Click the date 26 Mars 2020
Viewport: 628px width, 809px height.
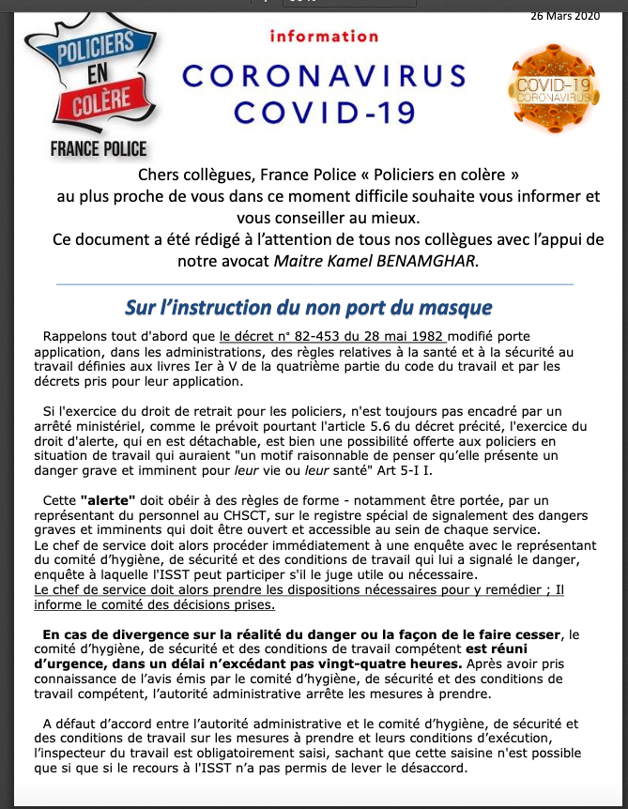(x=564, y=15)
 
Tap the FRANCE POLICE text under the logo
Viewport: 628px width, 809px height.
(x=100, y=147)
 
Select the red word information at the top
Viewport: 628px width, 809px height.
(x=323, y=37)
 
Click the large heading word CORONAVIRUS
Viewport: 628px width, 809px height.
(x=324, y=76)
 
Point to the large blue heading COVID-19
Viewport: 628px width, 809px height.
(x=324, y=113)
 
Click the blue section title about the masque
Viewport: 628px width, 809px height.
(x=309, y=308)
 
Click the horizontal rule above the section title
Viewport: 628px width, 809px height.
(x=314, y=283)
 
